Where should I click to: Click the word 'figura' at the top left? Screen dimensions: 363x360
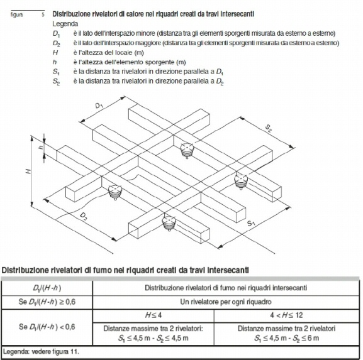[x=16, y=15]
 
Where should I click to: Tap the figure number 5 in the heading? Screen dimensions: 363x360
[x=43, y=15]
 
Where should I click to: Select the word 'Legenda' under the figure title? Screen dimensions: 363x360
[x=65, y=24]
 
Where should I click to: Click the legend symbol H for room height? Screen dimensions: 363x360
[x=55, y=53]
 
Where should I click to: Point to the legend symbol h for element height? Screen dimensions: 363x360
[x=55, y=62]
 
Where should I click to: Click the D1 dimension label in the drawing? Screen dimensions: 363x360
[x=99, y=106]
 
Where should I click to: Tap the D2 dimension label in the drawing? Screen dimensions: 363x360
[x=83, y=216]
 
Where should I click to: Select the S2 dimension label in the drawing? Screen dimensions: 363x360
[x=268, y=128]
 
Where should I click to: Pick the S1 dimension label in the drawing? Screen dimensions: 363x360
[x=251, y=224]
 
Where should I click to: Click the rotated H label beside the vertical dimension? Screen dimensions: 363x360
[x=28, y=172]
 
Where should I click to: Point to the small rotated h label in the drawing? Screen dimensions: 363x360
[x=41, y=147]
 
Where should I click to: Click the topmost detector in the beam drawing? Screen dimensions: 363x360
[x=187, y=151]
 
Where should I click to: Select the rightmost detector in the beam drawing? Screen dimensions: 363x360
[x=241, y=182]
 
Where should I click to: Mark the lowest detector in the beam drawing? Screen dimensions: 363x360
[x=169, y=224]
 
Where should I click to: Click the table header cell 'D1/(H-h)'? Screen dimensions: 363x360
[x=47, y=288]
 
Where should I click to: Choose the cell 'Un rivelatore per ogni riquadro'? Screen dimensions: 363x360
[x=226, y=302]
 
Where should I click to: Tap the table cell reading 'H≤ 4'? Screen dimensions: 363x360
[x=154, y=315]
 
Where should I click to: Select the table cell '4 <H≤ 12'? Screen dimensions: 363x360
[x=286, y=315]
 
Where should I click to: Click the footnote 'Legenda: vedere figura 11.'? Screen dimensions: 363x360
[x=41, y=352]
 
